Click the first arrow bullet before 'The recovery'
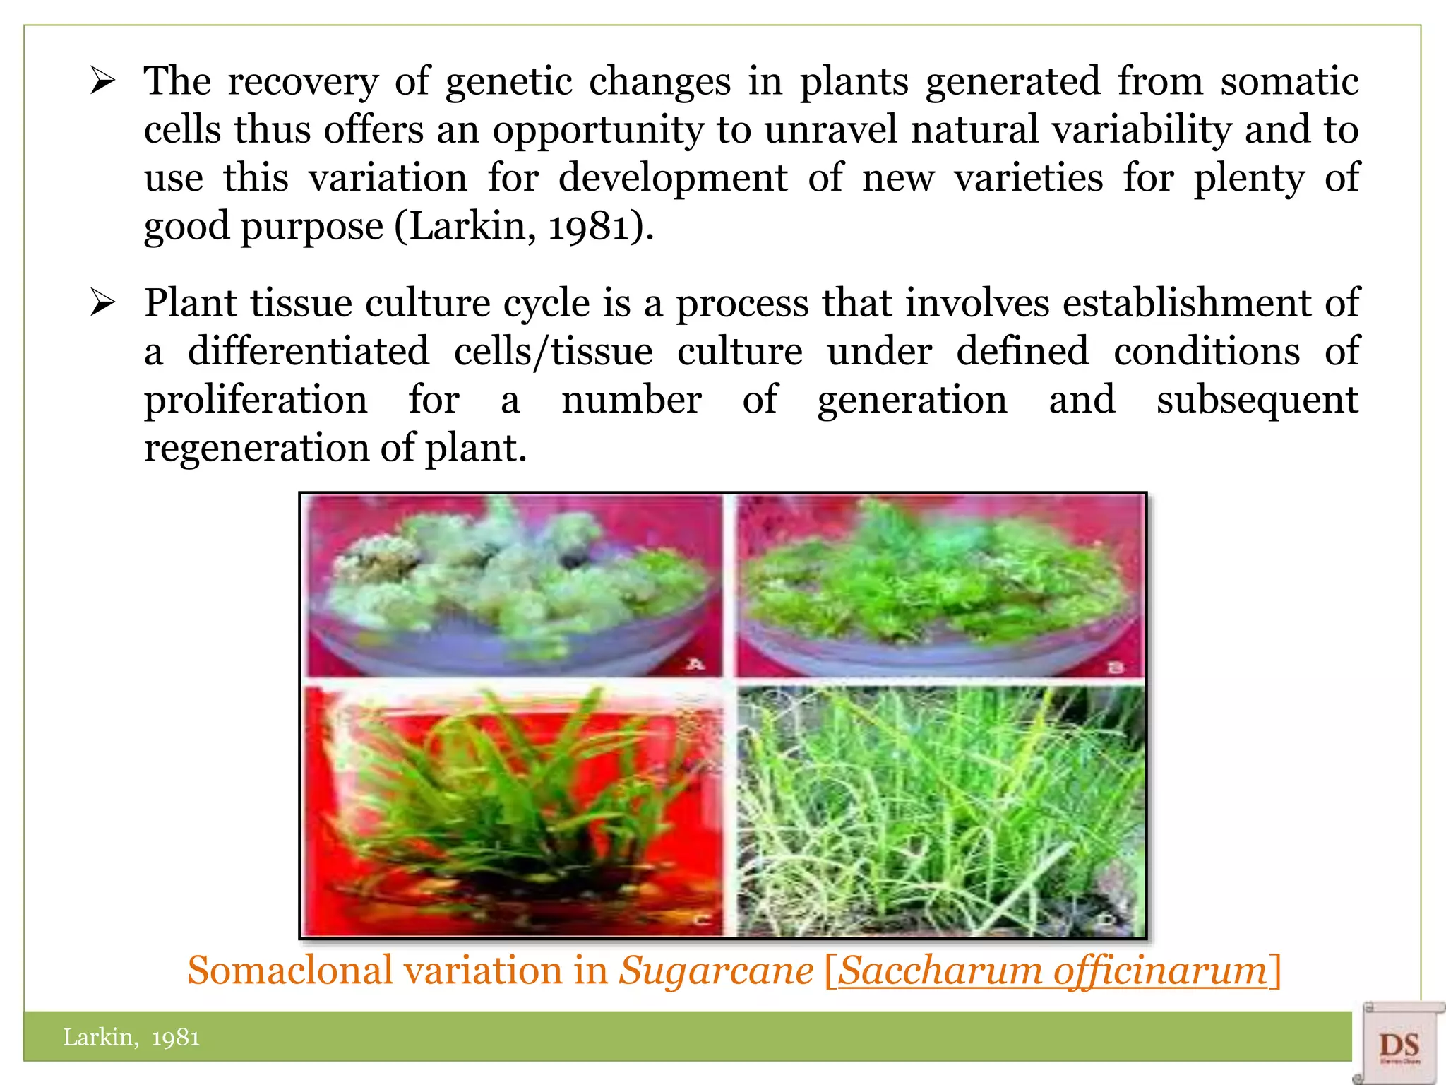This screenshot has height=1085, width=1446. [x=102, y=83]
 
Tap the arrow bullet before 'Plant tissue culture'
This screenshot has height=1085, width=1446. [x=102, y=304]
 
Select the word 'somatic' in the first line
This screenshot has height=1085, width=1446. [x=1289, y=81]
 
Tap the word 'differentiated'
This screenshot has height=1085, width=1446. [x=309, y=352]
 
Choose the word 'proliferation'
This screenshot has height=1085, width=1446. [x=256, y=401]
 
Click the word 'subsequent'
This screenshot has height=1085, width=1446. [x=1257, y=401]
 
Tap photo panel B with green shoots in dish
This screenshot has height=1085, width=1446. [x=940, y=586]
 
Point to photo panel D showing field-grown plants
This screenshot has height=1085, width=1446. [x=940, y=810]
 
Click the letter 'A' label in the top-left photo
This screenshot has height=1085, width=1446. [x=695, y=663]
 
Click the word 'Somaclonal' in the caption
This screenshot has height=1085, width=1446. [x=289, y=970]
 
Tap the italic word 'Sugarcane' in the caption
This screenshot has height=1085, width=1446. [x=716, y=970]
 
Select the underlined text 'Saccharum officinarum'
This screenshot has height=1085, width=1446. [x=1052, y=970]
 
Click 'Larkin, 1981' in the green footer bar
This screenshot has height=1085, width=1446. [x=131, y=1037]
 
